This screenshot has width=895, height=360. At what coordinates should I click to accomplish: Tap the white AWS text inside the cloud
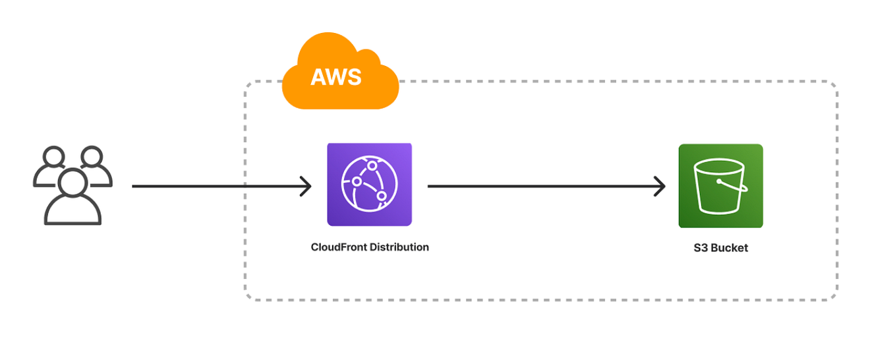pos(336,77)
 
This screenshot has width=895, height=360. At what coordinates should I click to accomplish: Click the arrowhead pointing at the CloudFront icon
pos(306,186)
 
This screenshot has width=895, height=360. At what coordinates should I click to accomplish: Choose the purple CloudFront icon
pos(369,185)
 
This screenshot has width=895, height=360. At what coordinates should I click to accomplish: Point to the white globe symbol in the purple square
pos(369,185)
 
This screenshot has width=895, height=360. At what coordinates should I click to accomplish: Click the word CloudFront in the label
pos(339,247)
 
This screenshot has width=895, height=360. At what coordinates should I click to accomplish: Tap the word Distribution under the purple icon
pos(399,247)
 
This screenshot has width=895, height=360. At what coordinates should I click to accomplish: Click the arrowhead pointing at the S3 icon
pos(660,186)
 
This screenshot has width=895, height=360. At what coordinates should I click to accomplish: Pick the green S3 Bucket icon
pos(720,186)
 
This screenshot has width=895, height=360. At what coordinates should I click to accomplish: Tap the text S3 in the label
pos(701,249)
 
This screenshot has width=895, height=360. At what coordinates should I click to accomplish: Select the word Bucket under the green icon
pos(729,249)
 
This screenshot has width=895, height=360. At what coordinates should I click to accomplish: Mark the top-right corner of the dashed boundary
pos(834,85)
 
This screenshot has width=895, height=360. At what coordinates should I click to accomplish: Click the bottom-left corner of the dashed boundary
pos(248,297)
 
